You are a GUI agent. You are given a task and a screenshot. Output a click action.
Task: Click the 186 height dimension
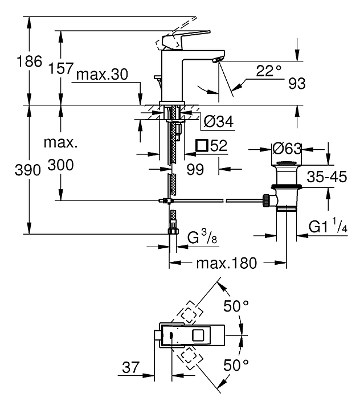[x=29, y=61]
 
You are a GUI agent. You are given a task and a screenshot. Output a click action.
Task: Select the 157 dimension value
[x=61, y=68]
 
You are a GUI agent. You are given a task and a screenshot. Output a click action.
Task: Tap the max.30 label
[x=102, y=75]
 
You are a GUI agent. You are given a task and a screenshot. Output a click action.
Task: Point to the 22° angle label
[x=268, y=71]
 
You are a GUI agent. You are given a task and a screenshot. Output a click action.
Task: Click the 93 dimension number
[x=297, y=84]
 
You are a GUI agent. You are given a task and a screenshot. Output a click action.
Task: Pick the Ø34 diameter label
[x=219, y=122]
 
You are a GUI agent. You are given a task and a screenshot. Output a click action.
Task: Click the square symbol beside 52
[x=202, y=145]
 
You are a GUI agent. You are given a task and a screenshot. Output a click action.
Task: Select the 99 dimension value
[x=195, y=170]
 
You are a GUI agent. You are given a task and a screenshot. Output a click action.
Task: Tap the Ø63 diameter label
[x=287, y=149]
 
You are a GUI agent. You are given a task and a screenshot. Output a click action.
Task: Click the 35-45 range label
[x=327, y=177]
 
